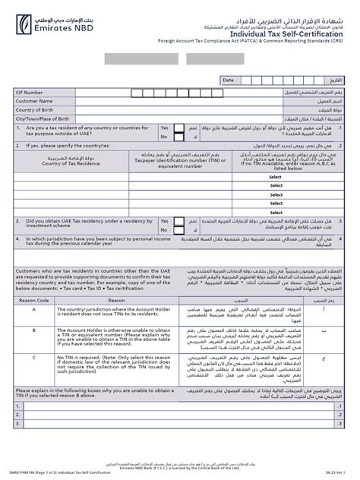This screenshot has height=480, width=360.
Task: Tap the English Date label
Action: click(x=227, y=79)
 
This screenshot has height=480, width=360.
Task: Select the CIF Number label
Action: click(x=30, y=92)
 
